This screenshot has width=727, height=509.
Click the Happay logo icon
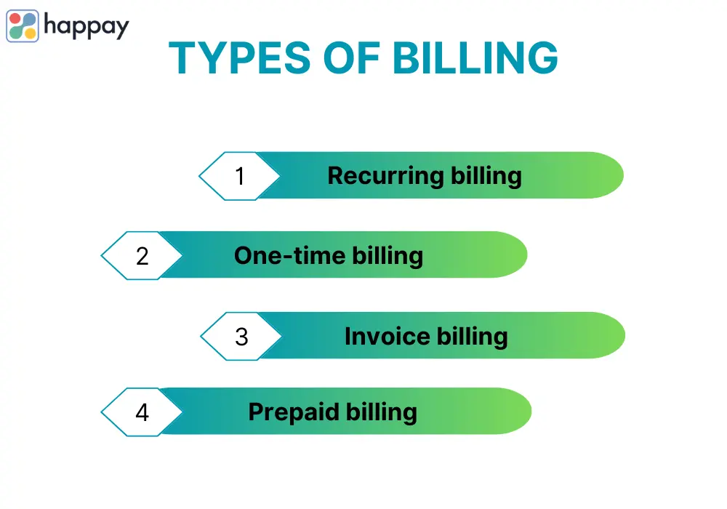[x=23, y=26]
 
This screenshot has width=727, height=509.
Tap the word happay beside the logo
[x=87, y=27]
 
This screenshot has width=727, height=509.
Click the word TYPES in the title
[x=240, y=58]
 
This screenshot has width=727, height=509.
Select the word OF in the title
[x=352, y=58]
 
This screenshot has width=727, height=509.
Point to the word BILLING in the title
[x=475, y=58]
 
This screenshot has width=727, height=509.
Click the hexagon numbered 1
[x=239, y=176]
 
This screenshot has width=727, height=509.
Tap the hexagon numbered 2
[x=142, y=256]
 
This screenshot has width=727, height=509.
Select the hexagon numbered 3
[x=241, y=337]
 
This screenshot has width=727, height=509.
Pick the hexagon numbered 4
[x=142, y=412]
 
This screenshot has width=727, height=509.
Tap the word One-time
[x=290, y=255]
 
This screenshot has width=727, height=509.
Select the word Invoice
[x=387, y=336]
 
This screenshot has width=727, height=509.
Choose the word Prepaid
[x=294, y=412]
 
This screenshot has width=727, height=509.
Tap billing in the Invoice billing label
[x=473, y=337]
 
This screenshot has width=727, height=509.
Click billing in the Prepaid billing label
[x=382, y=412]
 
